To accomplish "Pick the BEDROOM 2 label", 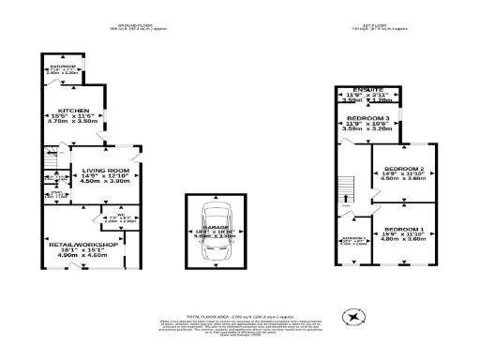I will click(x=404, y=168).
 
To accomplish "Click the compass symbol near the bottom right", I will click(x=354, y=320).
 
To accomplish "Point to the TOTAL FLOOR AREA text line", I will click(x=240, y=318).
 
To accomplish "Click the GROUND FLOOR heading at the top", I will click(x=137, y=24).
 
